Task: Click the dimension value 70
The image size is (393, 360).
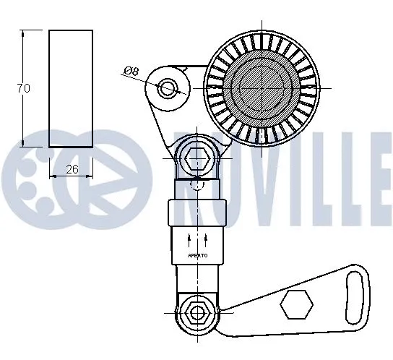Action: [x=23, y=89]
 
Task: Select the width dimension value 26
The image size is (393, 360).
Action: [x=72, y=170]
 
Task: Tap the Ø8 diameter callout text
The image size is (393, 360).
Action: [x=131, y=71]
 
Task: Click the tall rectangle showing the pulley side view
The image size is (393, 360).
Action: [x=71, y=88]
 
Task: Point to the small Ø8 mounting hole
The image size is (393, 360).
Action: [x=168, y=88]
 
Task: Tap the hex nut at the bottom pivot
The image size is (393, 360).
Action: [x=196, y=312]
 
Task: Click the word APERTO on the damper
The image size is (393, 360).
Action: [x=197, y=255]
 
